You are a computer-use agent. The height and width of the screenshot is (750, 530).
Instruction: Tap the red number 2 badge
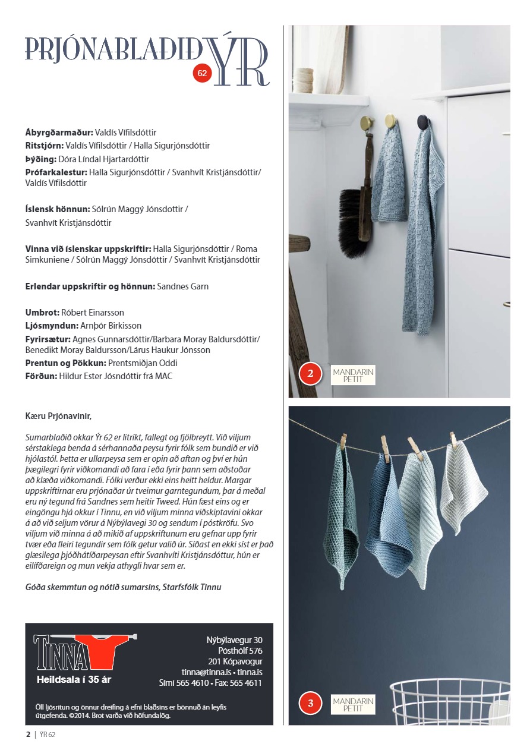coord(310,374)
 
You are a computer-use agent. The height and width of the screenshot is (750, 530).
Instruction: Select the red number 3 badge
coord(310,704)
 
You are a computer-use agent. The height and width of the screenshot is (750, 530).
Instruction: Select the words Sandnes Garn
coord(182,286)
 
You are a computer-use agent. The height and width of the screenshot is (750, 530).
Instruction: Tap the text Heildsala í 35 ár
coord(74,679)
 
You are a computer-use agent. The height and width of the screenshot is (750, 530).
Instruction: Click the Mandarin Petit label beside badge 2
coord(354,375)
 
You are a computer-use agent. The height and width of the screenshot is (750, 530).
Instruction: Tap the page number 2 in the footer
coord(28,735)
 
